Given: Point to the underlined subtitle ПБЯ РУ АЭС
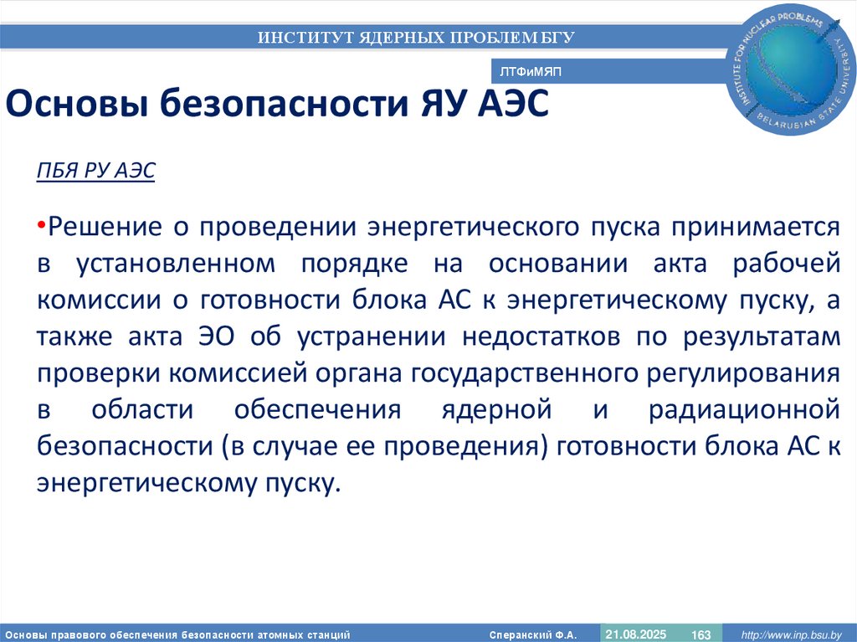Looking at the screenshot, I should click(x=95, y=171).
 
